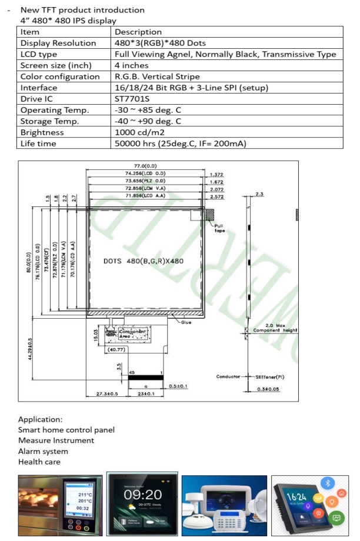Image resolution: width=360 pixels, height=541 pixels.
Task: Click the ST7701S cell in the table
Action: pos(131,99)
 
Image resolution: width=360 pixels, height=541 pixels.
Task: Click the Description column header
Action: pos(138,32)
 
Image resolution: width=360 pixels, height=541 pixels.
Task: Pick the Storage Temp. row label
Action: pos(51,122)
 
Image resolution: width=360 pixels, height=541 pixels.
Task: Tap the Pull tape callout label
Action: pos(219,228)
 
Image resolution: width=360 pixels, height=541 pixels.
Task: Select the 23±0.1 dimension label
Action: pos(146,393)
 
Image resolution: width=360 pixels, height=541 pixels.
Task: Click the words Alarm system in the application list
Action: pos(43,451)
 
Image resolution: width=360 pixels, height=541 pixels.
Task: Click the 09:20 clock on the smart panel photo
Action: pos(142,495)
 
